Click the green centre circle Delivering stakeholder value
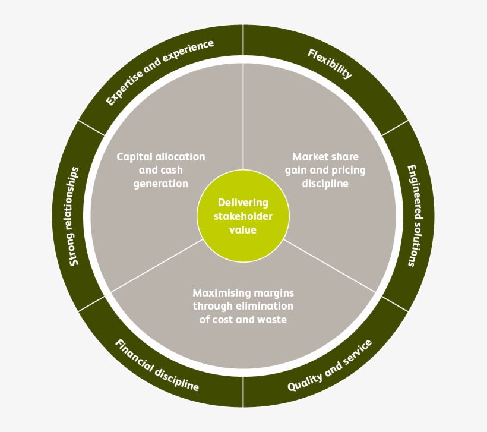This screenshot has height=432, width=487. (243, 216)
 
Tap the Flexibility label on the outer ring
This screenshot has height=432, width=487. (330, 64)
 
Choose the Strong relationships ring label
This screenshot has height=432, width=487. (74, 216)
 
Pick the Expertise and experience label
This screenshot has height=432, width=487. (159, 72)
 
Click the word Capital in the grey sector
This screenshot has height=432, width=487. (134, 157)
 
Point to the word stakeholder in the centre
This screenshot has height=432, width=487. (243, 216)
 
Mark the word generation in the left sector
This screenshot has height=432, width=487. (160, 184)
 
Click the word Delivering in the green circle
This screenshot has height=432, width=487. (243, 203)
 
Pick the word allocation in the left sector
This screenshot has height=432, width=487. (180, 157)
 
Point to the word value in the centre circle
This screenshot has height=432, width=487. (243, 229)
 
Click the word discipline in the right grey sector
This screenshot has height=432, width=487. (325, 184)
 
